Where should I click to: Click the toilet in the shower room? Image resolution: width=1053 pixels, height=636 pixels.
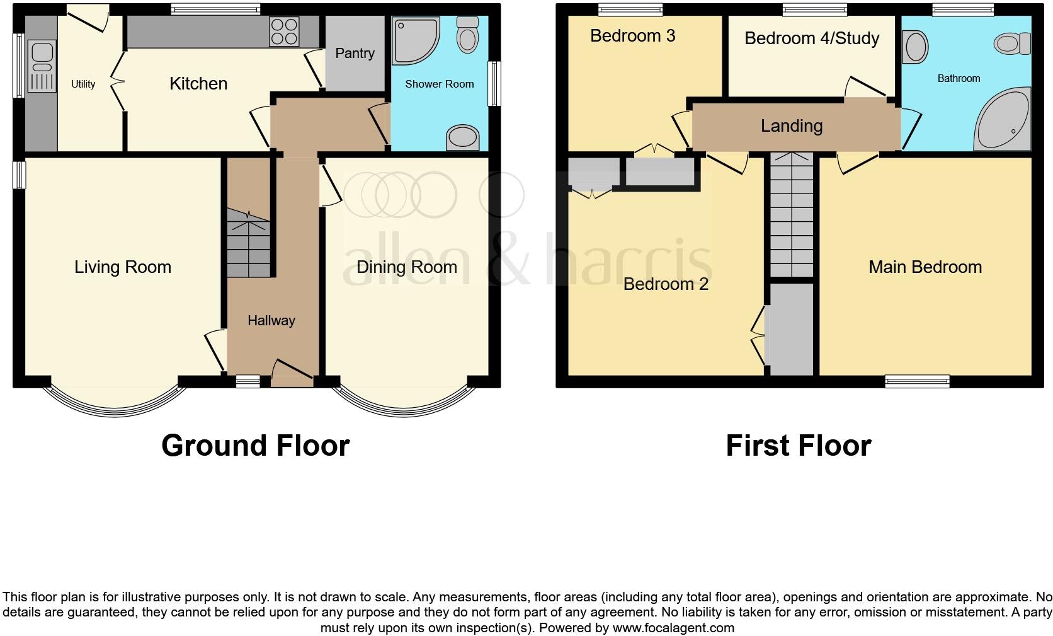pos(467,35)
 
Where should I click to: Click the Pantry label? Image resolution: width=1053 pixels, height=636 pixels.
pos(355,54)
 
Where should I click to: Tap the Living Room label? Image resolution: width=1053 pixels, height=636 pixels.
pos(123,267)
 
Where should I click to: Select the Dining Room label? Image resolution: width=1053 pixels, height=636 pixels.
pos(407,267)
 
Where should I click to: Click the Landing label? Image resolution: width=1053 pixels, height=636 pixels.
pos(792,126)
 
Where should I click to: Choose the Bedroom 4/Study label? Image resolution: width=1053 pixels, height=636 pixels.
pos(812,38)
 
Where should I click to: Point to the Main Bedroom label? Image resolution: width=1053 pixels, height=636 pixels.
pos(925,267)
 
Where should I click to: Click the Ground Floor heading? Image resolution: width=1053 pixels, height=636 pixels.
pos(255,446)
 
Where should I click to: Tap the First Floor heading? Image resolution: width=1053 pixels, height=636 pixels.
pos(799,446)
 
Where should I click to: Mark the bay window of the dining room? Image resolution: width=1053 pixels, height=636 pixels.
pos(403,403)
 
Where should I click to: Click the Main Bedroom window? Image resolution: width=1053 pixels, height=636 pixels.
pos(917,381)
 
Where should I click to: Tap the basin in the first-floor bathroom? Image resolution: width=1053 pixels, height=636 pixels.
pos(915,47)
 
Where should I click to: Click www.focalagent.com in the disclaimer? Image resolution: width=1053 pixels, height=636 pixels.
pos(673,628)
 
